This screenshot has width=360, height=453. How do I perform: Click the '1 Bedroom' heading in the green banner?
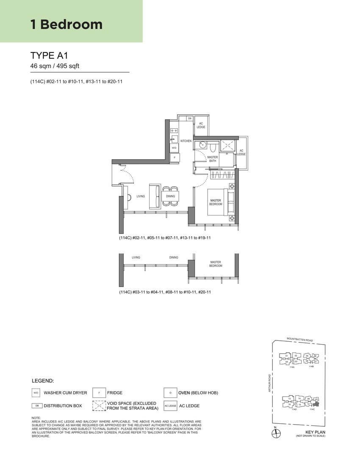(66, 24)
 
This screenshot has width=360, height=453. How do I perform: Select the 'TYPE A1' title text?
(49, 55)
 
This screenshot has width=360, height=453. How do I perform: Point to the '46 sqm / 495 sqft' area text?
(55, 66)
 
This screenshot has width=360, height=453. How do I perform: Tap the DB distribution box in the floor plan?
(190, 118)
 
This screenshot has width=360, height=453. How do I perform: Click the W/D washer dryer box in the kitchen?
(174, 148)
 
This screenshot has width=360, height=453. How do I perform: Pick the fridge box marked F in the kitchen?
(174, 157)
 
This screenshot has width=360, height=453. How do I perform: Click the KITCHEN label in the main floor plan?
(186, 141)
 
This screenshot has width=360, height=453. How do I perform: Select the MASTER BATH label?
(213, 159)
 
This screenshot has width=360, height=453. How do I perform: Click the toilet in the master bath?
(213, 146)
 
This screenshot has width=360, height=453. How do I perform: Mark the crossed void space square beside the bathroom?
(227, 145)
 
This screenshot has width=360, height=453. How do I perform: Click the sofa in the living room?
(155, 196)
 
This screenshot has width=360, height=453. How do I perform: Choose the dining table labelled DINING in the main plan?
(170, 196)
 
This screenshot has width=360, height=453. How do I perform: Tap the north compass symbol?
(275, 433)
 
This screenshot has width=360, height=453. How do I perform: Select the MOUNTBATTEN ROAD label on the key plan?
(299, 340)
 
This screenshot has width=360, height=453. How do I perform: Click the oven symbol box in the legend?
(170, 393)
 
